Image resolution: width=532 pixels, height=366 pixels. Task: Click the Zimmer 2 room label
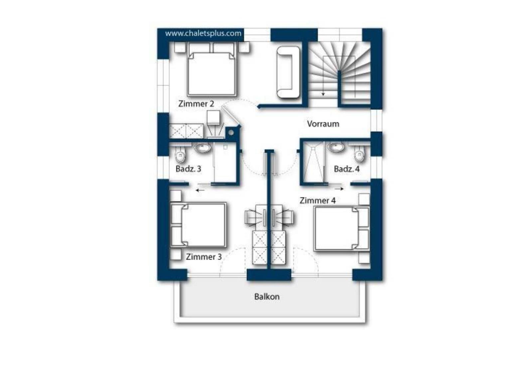(196, 104)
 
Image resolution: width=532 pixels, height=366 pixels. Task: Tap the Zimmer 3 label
(203, 257)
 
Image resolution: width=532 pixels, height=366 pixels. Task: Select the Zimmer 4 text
(318, 200)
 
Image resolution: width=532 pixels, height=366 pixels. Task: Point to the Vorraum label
(323, 124)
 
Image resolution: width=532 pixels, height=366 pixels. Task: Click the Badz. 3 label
(188, 169)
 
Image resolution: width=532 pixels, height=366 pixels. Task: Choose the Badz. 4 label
(346, 169)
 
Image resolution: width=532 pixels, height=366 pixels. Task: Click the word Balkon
(267, 297)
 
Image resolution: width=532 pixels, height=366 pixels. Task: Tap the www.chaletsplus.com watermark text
(203, 34)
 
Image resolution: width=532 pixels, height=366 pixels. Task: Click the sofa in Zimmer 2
(288, 72)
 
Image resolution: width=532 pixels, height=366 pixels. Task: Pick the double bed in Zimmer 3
(198, 225)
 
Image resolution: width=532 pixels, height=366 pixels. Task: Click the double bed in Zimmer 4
(342, 229)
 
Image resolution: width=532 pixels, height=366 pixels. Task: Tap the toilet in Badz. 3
(180, 154)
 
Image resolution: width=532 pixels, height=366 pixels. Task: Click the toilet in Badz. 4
(359, 154)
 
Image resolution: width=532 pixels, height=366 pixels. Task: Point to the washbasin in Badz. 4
(336, 147)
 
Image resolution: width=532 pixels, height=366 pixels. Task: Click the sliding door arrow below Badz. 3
(200, 190)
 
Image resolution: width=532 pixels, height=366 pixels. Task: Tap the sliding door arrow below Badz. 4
(339, 189)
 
